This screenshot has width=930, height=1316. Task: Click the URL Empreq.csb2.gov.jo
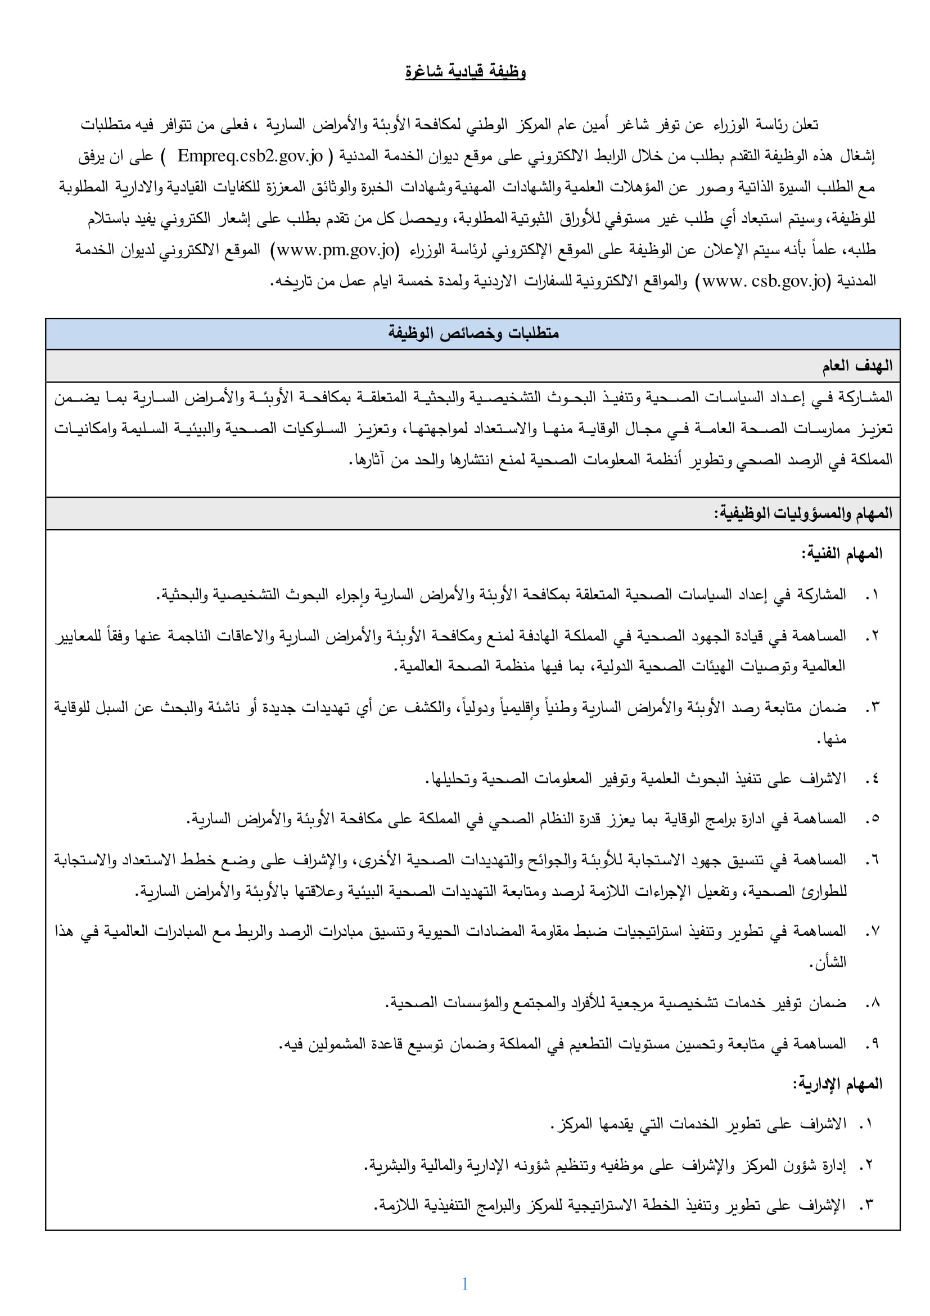pos(250,156)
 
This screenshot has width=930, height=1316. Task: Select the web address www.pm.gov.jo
pos(336,250)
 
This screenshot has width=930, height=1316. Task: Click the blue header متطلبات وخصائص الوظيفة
pos(473,333)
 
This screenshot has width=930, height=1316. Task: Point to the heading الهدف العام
pos(857,366)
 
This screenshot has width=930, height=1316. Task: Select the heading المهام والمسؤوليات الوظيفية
pos(803,513)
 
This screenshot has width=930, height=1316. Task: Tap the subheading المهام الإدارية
pos(837,1084)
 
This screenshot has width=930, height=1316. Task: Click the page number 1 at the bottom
pos(464,1284)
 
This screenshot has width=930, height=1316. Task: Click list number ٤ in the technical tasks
pos(872,778)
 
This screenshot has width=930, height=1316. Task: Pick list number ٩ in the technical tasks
pos(872,1044)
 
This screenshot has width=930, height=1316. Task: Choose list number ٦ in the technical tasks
pos(872,860)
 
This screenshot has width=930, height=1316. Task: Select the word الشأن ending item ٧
pos(831,962)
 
